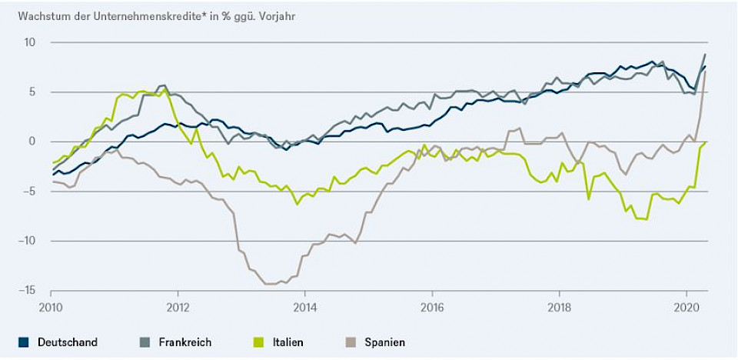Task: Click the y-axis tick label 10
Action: click(31, 42)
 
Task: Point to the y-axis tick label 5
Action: click(33, 92)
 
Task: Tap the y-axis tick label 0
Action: click(33, 142)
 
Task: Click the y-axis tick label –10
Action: click(28, 241)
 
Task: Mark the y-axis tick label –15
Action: click(28, 290)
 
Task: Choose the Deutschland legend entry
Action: click(67, 342)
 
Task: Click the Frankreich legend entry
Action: click(184, 342)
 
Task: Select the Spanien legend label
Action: click(385, 342)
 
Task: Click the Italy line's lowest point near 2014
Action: click(298, 204)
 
